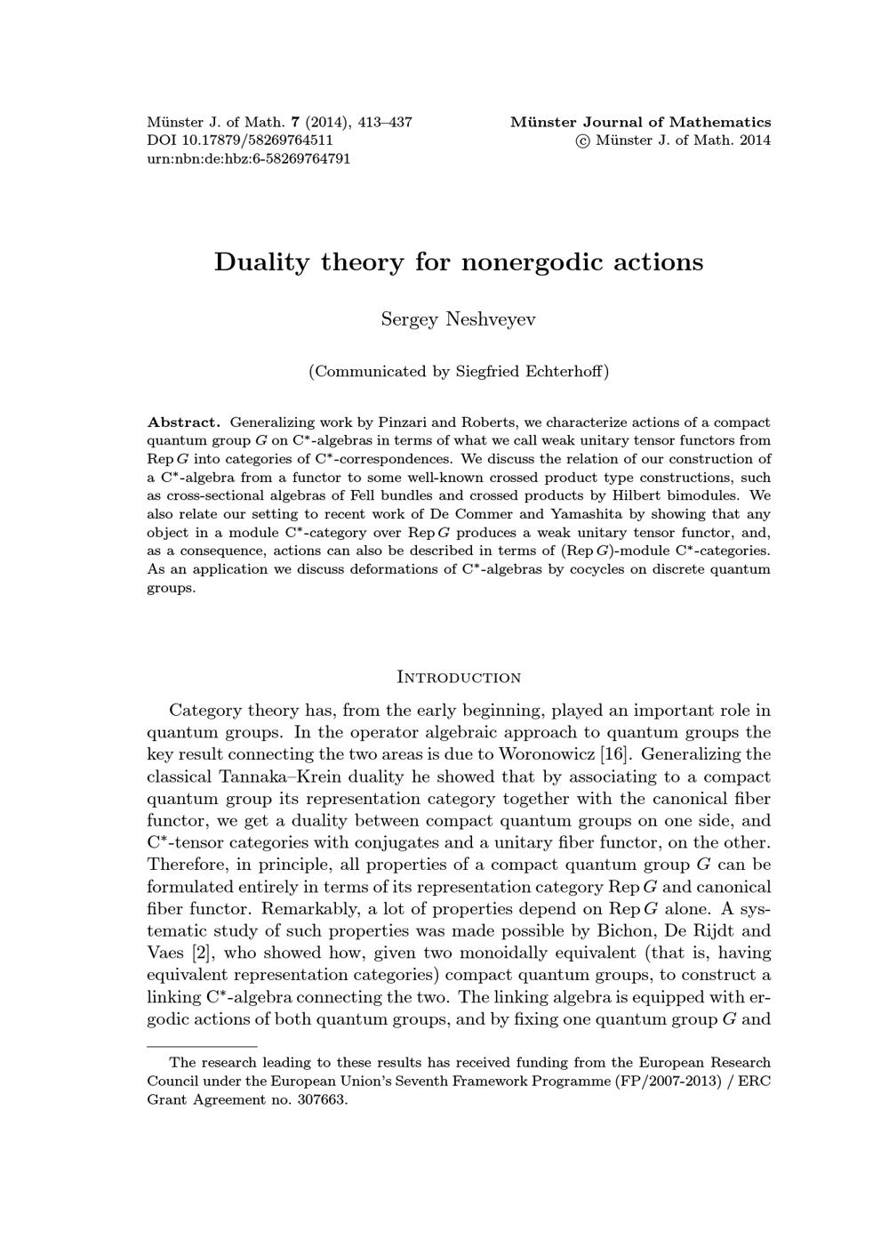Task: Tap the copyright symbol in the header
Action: click(x=583, y=141)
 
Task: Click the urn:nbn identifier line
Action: click(x=248, y=159)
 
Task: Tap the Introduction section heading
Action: click(x=458, y=678)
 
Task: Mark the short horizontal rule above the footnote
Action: click(x=202, y=1047)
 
